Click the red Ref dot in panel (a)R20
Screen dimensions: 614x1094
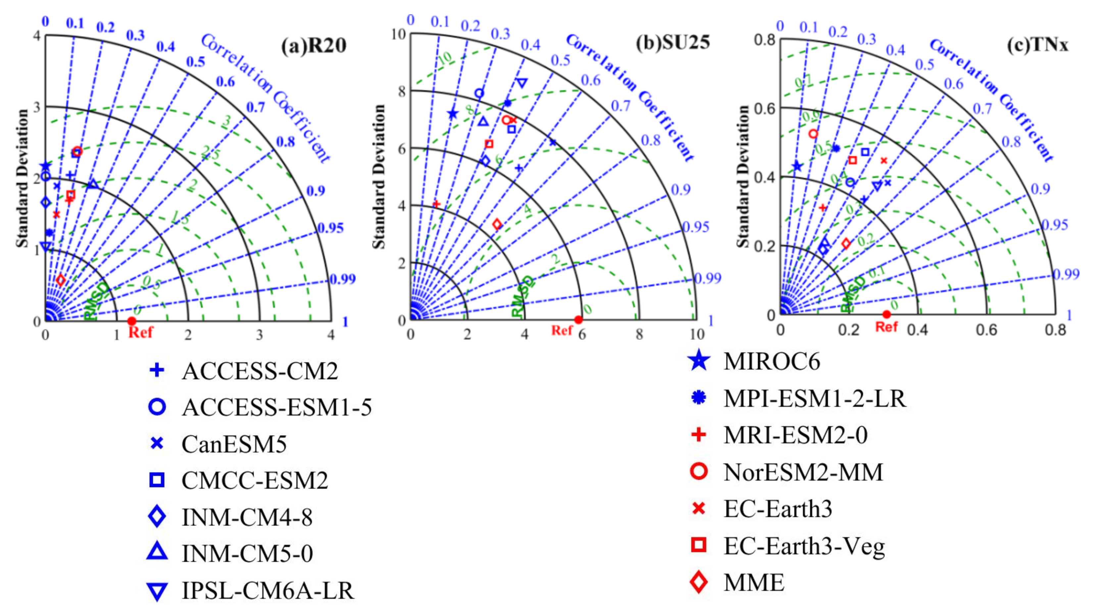[x=132, y=321]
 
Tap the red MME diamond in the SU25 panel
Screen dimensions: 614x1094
[x=497, y=224]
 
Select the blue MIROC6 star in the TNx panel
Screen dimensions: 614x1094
[x=797, y=166]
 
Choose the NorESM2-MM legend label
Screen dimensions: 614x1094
[x=803, y=472]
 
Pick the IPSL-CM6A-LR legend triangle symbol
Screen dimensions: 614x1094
[x=157, y=591]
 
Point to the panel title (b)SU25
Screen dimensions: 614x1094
[x=672, y=42]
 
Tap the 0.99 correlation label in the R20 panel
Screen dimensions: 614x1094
[x=342, y=279]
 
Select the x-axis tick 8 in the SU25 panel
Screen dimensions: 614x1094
[x=639, y=334]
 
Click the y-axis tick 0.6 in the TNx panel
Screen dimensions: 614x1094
[x=765, y=108]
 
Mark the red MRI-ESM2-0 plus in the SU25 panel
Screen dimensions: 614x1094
[x=436, y=204]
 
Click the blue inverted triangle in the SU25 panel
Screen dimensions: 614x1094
[x=522, y=83]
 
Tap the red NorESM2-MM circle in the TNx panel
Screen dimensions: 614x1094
[x=813, y=134]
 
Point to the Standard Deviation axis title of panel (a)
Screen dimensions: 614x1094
[x=22, y=179]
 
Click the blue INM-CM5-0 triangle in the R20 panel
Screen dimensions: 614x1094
[x=93, y=184]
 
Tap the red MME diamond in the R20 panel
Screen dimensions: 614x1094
[x=61, y=280]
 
